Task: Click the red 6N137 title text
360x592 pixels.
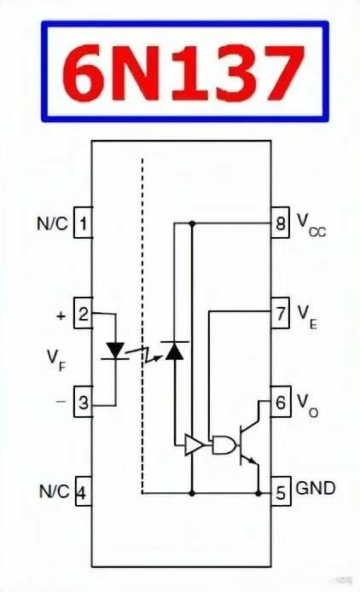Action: pyautogui.click(x=183, y=72)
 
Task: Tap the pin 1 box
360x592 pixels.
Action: pyautogui.click(x=83, y=223)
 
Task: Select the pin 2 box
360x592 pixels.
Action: pyautogui.click(x=83, y=313)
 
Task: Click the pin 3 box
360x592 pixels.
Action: pyautogui.click(x=83, y=402)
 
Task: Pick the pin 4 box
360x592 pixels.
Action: pyautogui.click(x=83, y=491)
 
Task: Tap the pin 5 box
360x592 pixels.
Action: pyautogui.click(x=281, y=491)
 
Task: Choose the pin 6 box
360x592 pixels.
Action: pyautogui.click(x=281, y=401)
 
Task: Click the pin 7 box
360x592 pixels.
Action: pyautogui.click(x=280, y=313)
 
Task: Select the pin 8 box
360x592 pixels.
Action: pyautogui.click(x=280, y=223)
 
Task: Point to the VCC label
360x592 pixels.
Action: pyautogui.click(x=311, y=225)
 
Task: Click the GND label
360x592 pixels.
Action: pyautogui.click(x=316, y=488)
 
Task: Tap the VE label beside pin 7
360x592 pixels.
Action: pyautogui.click(x=307, y=316)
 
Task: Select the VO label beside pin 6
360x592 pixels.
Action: pyautogui.click(x=307, y=405)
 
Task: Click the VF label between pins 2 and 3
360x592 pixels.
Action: pyautogui.click(x=56, y=360)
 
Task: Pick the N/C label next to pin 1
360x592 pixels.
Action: pyautogui.click(x=53, y=223)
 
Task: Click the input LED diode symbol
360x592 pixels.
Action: pyautogui.click(x=115, y=351)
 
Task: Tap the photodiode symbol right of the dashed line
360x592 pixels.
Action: pyautogui.click(x=175, y=351)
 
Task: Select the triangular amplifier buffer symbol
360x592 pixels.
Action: pyautogui.click(x=195, y=444)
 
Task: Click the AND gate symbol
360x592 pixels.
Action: pyautogui.click(x=224, y=445)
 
